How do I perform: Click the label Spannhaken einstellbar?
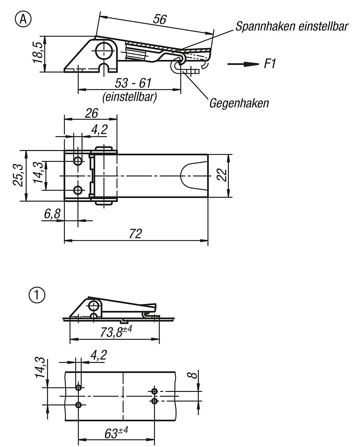point(292,26)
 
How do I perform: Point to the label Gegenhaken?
point(239,103)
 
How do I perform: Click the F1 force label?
point(270,64)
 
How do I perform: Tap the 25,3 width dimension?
point(20,175)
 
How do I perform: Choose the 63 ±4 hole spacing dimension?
point(116,433)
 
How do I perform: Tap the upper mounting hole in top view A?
point(78,161)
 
